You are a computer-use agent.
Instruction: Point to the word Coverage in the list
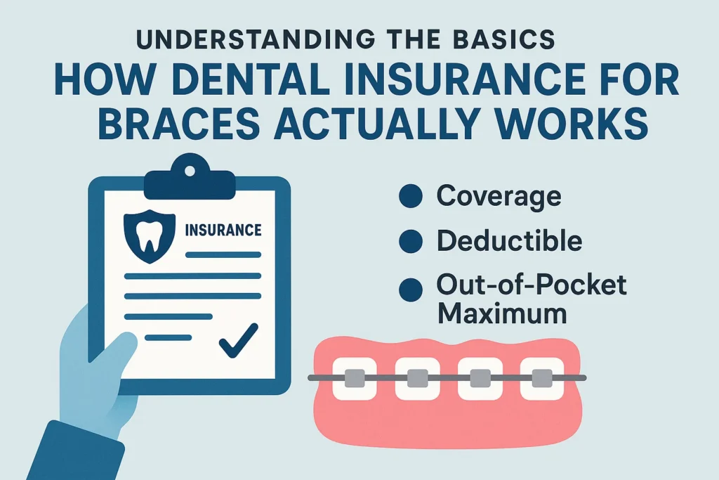point(499,196)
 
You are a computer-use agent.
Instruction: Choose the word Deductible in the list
point(510,240)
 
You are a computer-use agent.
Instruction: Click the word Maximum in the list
point(502,313)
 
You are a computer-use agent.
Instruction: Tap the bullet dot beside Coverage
point(410,196)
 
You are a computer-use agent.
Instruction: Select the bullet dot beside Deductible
point(410,241)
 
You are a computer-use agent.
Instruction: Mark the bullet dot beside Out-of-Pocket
point(410,290)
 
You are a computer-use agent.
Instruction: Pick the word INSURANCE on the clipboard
point(223,230)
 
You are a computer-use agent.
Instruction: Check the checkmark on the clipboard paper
point(239,340)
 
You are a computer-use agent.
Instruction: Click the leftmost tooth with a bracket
point(355,378)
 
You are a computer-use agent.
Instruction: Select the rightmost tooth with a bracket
point(542,378)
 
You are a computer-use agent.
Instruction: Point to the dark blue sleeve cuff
point(76,452)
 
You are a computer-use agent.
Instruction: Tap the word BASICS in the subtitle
point(503,39)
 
